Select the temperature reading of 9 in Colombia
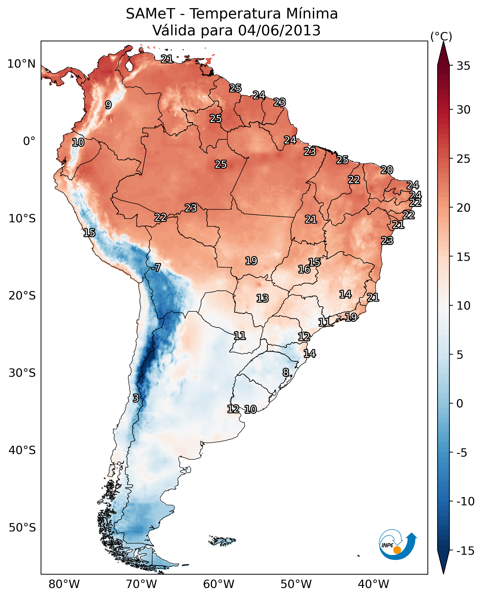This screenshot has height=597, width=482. coord(108,105)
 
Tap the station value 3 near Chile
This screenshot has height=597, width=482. coord(135,398)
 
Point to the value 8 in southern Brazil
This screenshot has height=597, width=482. coord(286,372)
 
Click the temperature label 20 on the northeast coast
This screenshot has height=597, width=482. coord(387,170)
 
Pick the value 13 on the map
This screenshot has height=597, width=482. coord(262,298)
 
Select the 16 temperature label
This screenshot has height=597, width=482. coord(304,269)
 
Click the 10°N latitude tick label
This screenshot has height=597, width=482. coord(21,64)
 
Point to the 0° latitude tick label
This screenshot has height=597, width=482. coord(29,141)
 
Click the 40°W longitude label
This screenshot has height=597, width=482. coord(373,584)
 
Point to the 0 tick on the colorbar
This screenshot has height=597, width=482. coord(460,404)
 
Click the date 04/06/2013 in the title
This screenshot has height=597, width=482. coord(279,30)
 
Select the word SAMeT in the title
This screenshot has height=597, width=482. coord(150,14)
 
